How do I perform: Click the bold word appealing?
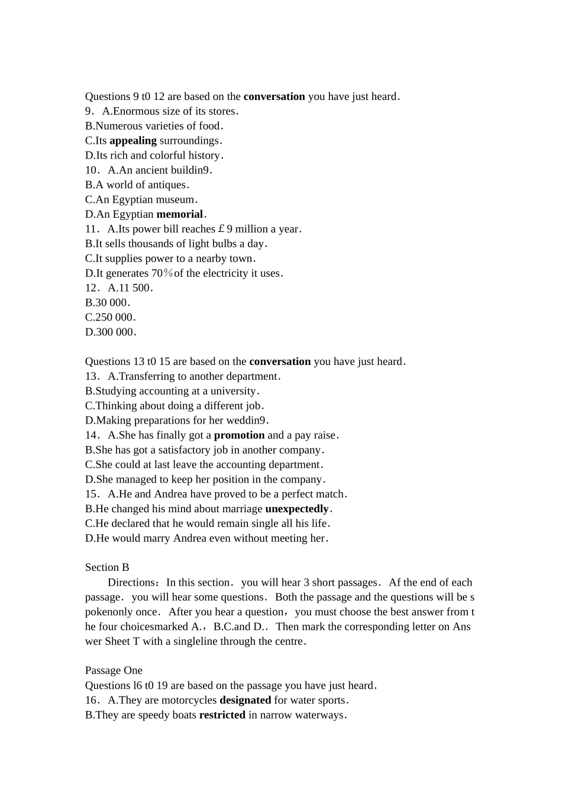(x=133, y=141)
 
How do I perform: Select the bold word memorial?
(x=180, y=215)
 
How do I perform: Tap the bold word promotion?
(x=239, y=435)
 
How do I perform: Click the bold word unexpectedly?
(x=297, y=509)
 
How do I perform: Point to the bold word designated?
(x=245, y=700)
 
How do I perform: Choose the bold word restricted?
(x=222, y=715)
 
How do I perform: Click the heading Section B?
(x=107, y=568)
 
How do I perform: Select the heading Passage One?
(x=114, y=671)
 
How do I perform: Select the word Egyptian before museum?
(x=133, y=200)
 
